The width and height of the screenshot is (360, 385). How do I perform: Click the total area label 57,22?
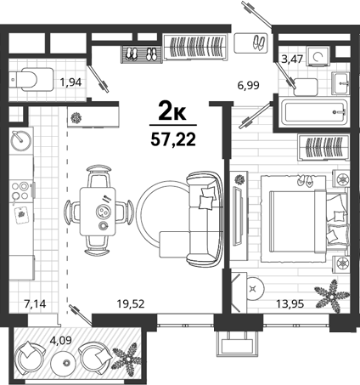[173, 139]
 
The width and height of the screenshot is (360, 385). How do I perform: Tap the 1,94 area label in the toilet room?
[70, 82]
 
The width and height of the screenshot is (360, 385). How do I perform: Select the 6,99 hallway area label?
[248, 85]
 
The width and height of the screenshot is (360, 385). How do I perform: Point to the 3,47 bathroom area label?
[292, 59]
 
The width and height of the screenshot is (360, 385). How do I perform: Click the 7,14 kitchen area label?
[35, 304]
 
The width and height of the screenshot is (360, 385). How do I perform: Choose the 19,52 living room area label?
[131, 304]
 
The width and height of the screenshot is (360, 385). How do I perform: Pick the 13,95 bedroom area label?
[290, 304]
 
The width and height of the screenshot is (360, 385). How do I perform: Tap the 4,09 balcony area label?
[61, 340]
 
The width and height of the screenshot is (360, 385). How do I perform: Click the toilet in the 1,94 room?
[31, 80]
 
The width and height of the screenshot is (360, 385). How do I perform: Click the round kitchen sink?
[21, 140]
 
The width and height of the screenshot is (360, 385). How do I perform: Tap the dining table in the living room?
[98, 212]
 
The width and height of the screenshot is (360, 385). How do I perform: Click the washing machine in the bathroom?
[319, 57]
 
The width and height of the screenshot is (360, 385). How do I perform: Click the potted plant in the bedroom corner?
[332, 295]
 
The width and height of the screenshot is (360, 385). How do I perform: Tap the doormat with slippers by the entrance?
[250, 42]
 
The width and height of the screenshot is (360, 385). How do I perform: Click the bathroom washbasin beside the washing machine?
[340, 83]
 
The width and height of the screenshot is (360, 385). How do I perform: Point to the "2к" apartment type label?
[172, 113]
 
